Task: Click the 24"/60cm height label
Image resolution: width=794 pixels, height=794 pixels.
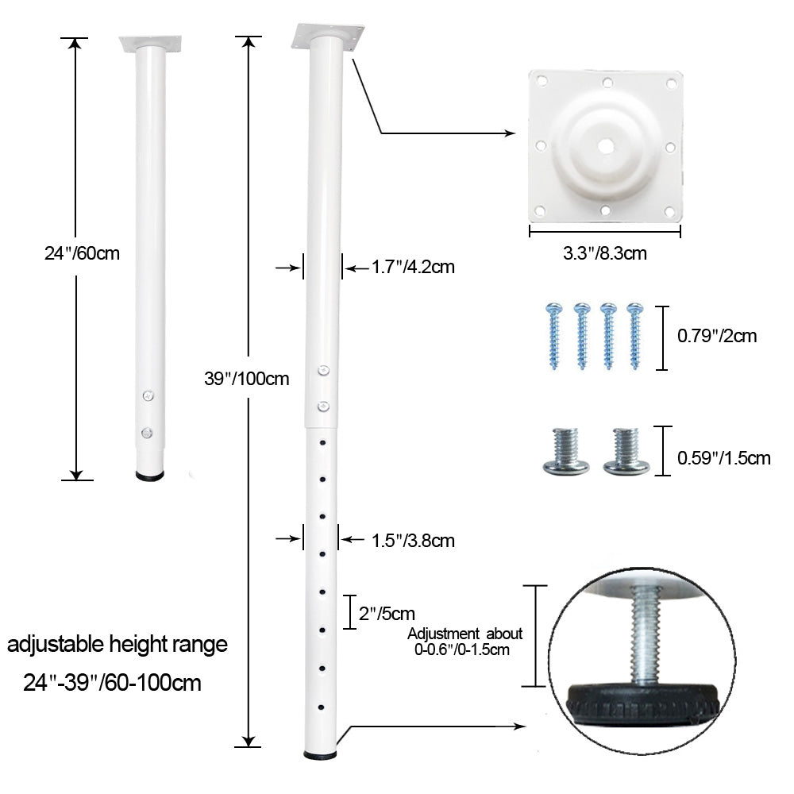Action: [82, 252]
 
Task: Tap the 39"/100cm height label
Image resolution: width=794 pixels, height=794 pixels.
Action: [247, 378]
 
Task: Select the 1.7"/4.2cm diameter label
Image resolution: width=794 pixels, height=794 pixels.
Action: [413, 267]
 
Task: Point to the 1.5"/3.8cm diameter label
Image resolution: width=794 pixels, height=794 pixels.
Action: [413, 540]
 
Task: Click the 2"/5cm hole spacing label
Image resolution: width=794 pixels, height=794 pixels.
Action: [387, 613]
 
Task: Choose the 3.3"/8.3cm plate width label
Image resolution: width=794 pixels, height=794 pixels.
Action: [604, 252]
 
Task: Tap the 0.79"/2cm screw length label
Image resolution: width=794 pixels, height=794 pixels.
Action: [717, 336]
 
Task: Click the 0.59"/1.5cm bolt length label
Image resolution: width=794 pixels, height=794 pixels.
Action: [723, 458]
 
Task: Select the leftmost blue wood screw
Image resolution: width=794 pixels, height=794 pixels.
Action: [554, 336]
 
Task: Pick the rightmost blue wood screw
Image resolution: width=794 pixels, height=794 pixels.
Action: [634, 336]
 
